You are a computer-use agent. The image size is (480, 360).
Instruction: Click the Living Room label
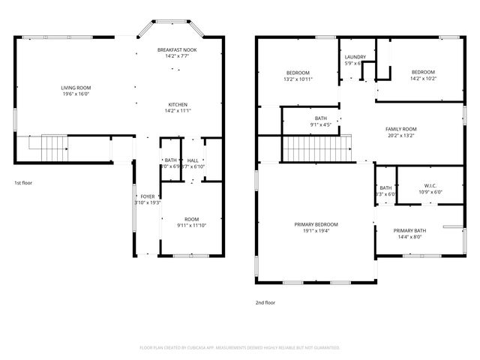pyautogui.click(x=76, y=88)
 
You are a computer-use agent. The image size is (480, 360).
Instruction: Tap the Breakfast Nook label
pyautogui.click(x=177, y=49)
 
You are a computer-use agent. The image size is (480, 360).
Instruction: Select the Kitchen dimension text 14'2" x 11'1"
pyautogui.click(x=177, y=111)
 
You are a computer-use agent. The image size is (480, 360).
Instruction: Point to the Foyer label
pyautogui.click(x=148, y=196)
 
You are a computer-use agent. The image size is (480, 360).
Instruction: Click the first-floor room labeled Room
pyautogui.click(x=192, y=219)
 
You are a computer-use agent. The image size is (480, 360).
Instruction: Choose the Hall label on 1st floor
pyautogui.click(x=193, y=160)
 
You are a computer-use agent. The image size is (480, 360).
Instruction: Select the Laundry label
pyautogui.click(x=355, y=57)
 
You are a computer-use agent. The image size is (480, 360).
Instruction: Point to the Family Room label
pyautogui.click(x=401, y=129)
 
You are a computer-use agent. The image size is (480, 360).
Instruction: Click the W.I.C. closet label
pyautogui.click(x=430, y=185)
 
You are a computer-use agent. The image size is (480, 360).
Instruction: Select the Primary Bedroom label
pyautogui.click(x=316, y=224)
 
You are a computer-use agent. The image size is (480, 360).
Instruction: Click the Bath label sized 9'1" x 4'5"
pyautogui.click(x=320, y=118)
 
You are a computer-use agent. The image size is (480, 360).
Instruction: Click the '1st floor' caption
pyautogui.click(x=23, y=182)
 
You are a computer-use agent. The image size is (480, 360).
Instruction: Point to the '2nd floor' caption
pyautogui.click(x=265, y=303)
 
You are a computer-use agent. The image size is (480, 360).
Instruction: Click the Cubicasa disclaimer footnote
pyautogui.click(x=240, y=348)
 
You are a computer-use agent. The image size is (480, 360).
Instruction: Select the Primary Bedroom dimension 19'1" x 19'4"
pyautogui.click(x=316, y=231)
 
